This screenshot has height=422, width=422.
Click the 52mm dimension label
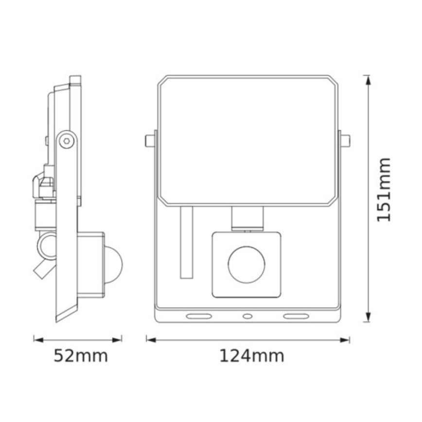[x=80, y=356]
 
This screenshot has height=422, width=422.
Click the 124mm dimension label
[x=251, y=356]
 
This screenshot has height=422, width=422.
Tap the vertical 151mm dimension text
[x=384, y=190]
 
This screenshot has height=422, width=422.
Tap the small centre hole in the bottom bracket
[x=247, y=316]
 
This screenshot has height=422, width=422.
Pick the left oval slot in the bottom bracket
[x=198, y=316]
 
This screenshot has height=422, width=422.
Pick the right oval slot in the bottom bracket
[x=296, y=316]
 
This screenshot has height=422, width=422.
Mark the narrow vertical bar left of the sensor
[x=186, y=242]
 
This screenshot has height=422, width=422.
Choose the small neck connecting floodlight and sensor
[x=247, y=217]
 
